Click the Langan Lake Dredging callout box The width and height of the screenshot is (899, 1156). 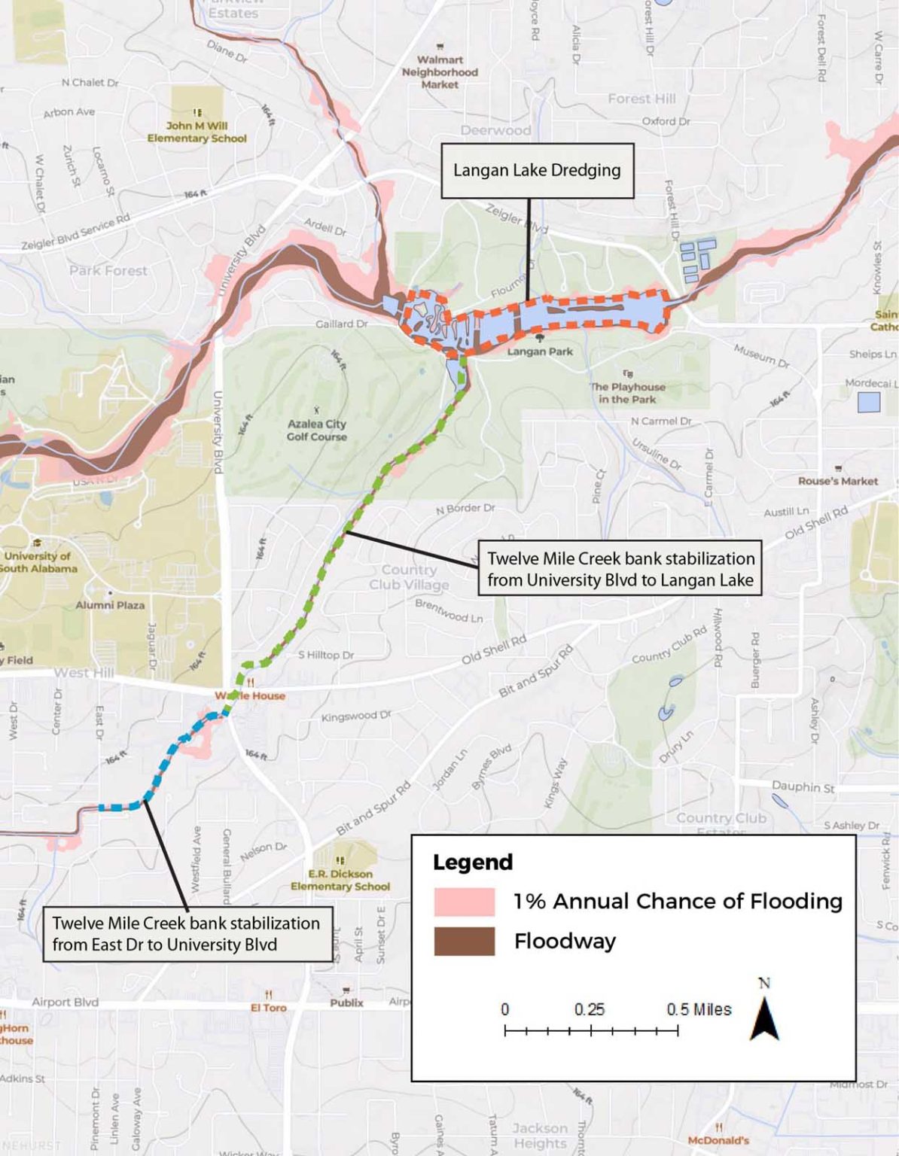pyautogui.click(x=537, y=171)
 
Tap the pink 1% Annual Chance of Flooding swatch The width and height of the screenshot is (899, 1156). pyautogui.click(x=464, y=901)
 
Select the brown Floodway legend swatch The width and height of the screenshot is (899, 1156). pyautogui.click(x=464, y=941)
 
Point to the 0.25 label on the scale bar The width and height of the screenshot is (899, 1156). pyautogui.click(x=590, y=1009)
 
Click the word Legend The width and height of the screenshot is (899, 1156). pyautogui.click(x=473, y=862)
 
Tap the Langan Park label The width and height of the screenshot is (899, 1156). pyautogui.click(x=540, y=351)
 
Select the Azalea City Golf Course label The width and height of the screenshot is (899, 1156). pyautogui.click(x=317, y=430)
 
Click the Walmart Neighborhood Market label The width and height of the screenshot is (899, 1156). pyautogui.click(x=440, y=71)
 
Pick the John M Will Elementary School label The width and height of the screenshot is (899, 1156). pyautogui.click(x=197, y=132)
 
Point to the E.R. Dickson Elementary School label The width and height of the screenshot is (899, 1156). pyautogui.click(x=340, y=880)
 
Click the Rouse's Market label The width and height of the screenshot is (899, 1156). pyautogui.click(x=838, y=481)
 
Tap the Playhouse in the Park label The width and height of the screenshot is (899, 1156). pyautogui.click(x=628, y=393)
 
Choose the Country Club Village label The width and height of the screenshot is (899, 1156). pyautogui.click(x=409, y=576)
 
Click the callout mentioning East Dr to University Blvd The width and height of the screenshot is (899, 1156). pyautogui.click(x=186, y=934)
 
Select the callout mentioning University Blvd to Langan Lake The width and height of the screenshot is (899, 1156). pyautogui.click(x=620, y=569)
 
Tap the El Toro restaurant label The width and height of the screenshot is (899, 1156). pyautogui.click(x=269, y=1007)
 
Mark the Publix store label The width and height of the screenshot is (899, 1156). pyautogui.click(x=346, y=1002)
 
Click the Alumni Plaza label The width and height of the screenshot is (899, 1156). pyautogui.click(x=110, y=604)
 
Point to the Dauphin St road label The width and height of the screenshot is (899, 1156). pyautogui.click(x=803, y=786)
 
